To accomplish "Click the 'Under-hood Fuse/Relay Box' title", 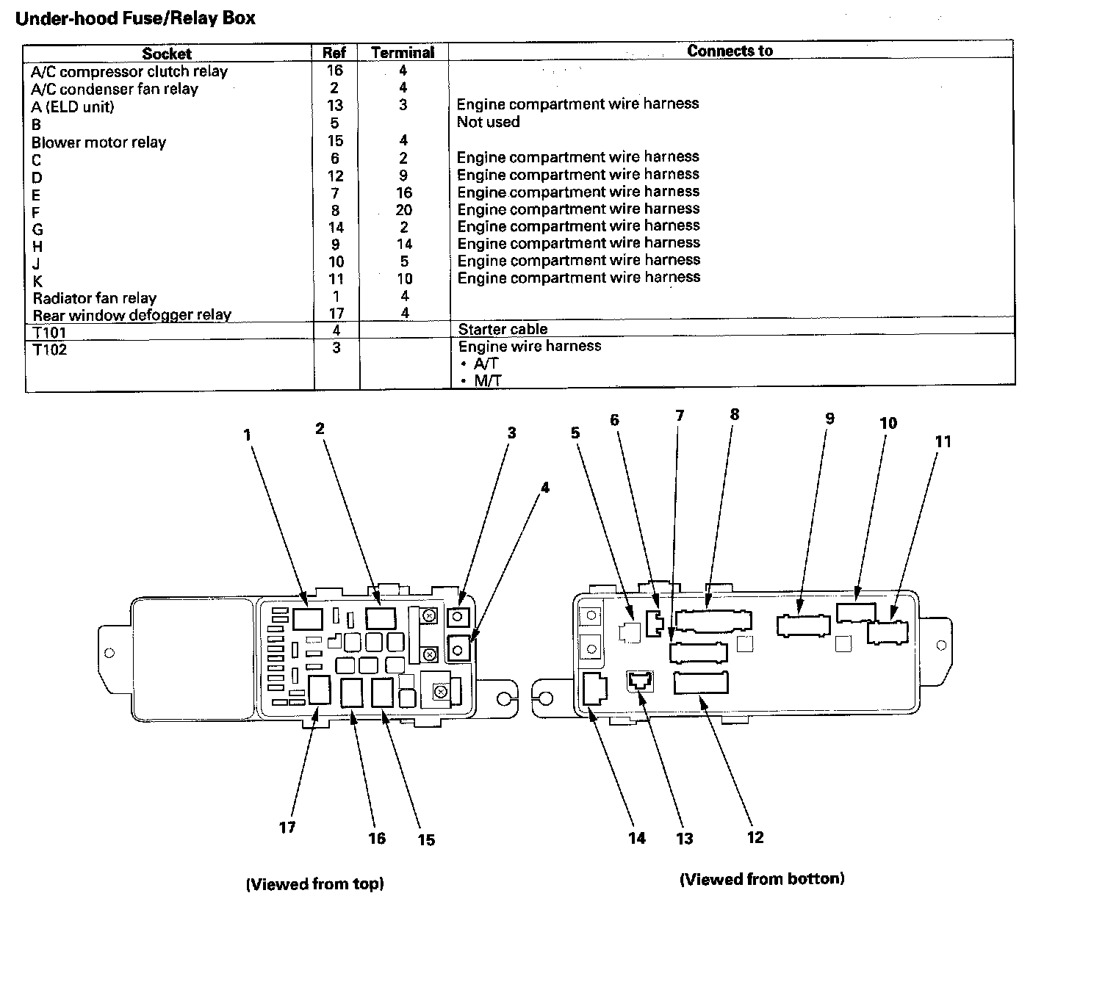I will coord(135,18).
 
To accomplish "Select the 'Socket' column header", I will coord(167,53).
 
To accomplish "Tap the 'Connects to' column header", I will coord(730,51).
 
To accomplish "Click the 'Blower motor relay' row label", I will coord(98,142).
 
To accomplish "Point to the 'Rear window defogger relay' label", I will coord(132,315).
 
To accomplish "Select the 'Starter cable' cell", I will coord(503,329).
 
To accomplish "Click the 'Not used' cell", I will coord(488,122).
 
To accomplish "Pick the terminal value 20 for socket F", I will coord(404,210).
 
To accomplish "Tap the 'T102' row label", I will coord(50,350).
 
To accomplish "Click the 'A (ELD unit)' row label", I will coord(73,106).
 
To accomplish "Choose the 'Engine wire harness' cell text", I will coord(529,346).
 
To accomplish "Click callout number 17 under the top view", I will coord(287,828).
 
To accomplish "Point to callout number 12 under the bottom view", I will coord(755,838).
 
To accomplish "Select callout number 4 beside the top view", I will coord(544,488).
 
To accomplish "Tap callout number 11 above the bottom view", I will coord(943,441).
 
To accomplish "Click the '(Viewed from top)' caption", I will coord(314,884).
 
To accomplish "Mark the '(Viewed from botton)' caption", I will coord(762,878).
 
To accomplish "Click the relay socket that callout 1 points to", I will coord(307,618).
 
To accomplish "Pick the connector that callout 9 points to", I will coord(803,626).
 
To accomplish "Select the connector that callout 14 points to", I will coord(594,689).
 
